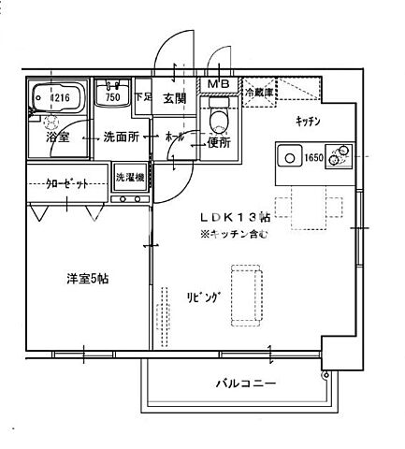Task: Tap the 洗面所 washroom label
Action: (x=121, y=137)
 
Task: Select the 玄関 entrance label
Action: (x=175, y=98)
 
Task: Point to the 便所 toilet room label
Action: (x=218, y=143)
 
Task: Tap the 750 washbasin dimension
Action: (x=113, y=96)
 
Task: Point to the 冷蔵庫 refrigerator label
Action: (x=259, y=92)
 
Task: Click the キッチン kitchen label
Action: (x=308, y=122)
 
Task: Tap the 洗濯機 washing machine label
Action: (x=129, y=176)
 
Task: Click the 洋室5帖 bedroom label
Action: (x=86, y=279)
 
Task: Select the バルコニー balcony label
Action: (x=244, y=384)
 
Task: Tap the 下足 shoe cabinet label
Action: (x=142, y=96)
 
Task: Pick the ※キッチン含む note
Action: (x=233, y=235)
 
